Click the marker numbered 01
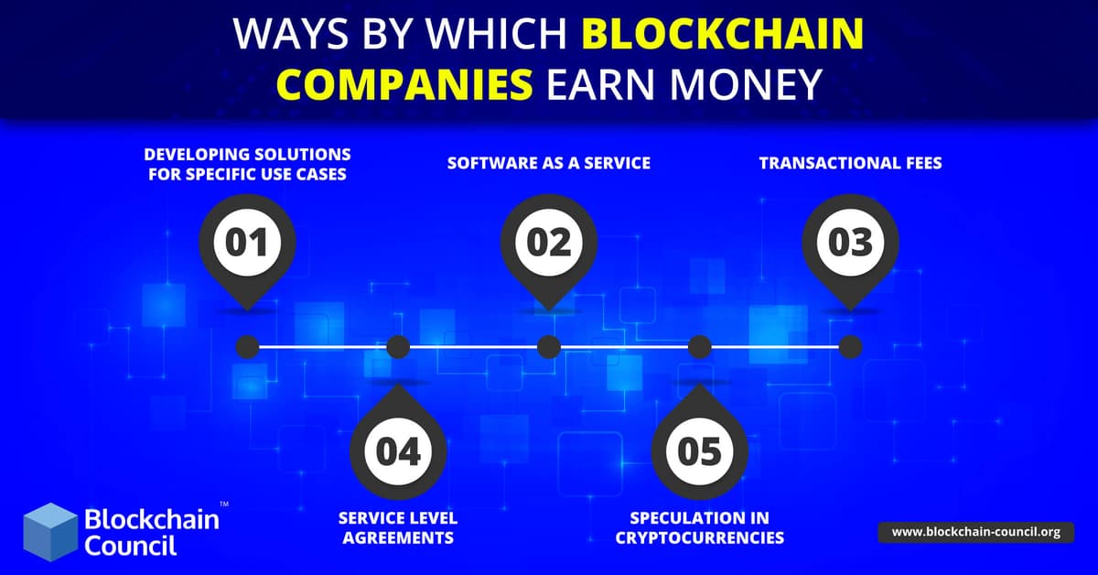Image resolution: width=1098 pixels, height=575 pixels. point(247,243)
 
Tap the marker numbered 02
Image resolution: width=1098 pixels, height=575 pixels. point(549,243)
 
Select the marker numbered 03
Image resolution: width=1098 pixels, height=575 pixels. point(850,243)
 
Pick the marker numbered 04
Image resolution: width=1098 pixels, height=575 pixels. point(398,450)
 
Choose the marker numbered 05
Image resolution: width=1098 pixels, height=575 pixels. point(699,450)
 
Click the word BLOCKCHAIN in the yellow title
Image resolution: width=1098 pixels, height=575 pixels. point(723,35)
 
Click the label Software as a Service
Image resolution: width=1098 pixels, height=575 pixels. point(549,163)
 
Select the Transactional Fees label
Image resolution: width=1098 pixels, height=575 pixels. point(850,163)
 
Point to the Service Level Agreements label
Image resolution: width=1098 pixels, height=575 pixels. point(398,527)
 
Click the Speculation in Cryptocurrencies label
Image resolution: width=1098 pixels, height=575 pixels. point(699,527)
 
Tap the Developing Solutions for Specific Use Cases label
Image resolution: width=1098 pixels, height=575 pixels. point(247,163)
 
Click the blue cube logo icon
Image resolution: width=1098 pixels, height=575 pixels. point(50,531)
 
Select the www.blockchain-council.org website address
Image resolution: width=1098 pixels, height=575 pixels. point(975,532)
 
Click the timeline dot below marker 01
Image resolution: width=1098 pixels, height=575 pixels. point(247,347)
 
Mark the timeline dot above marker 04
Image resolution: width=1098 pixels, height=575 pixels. point(398,347)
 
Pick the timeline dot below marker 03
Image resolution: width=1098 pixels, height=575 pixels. point(850,347)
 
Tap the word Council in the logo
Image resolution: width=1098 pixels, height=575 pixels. point(131,546)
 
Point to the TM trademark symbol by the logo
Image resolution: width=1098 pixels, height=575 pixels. point(224,504)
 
